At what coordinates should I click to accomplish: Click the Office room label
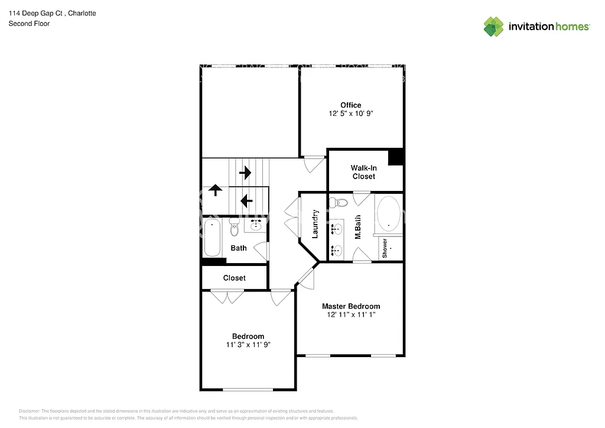pyautogui.click(x=350, y=105)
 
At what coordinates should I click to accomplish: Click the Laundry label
pyautogui.click(x=315, y=224)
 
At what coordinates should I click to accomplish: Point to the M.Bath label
pyautogui.click(x=358, y=226)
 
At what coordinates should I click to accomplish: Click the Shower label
pyautogui.click(x=385, y=248)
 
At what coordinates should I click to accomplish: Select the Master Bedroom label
pyautogui.click(x=350, y=306)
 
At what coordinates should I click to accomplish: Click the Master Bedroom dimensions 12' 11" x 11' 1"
pyautogui.click(x=350, y=315)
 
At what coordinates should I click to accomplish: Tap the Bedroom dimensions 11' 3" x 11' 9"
pyautogui.click(x=248, y=345)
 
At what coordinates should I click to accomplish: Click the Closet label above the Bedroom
pyautogui.click(x=234, y=278)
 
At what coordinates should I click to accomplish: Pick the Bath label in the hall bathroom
pyautogui.click(x=239, y=248)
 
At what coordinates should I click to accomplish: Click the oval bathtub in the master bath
pyautogui.click(x=388, y=213)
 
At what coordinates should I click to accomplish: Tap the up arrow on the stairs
pyautogui.click(x=215, y=190)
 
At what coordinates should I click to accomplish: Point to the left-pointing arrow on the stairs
pyautogui.click(x=246, y=202)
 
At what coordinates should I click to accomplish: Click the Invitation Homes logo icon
pyautogui.click(x=493, y=26)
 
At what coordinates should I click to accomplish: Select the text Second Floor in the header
pyautogui.click(x=28, y=24)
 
